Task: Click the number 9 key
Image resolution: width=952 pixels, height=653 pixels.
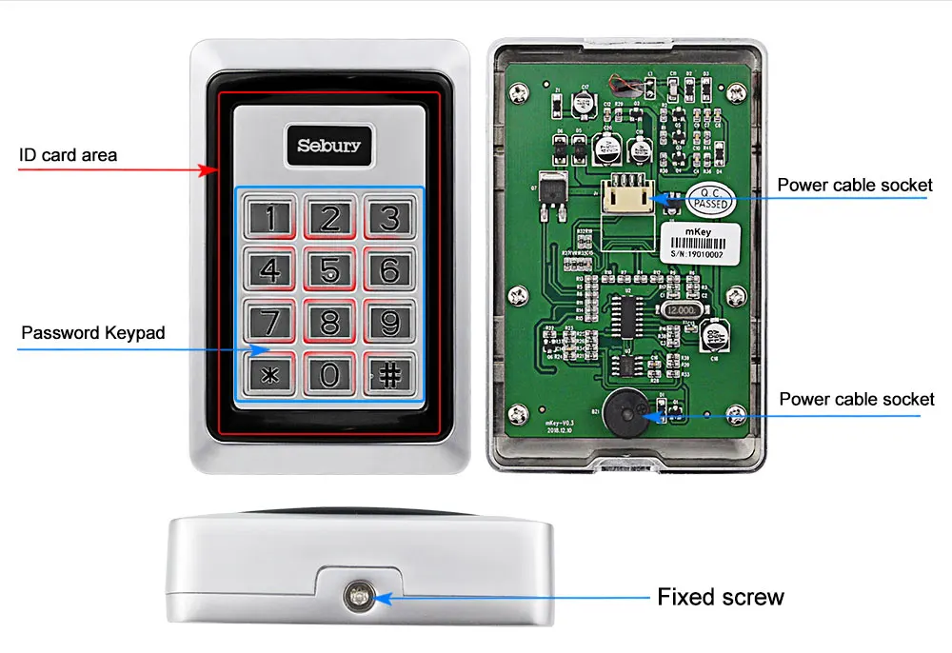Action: tap(389, 323)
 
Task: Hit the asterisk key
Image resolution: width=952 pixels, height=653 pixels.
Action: tap(271, 374)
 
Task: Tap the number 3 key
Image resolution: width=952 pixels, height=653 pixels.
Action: tap(389, 218)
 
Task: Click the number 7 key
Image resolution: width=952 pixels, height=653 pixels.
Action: tap(271, 323)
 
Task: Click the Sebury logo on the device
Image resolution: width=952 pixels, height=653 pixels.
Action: tap(329, 146)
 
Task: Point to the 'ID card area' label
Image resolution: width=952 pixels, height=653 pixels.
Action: tap(69, 154)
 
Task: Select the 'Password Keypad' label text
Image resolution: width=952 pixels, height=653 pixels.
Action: tap(93, 333)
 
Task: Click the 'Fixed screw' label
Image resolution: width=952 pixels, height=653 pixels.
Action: tap(721, 597)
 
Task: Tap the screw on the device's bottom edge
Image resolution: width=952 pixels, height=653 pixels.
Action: tap(361, 597)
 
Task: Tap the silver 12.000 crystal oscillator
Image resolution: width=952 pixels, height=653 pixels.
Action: tap(681, 309)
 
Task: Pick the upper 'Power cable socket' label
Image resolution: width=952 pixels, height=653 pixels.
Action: tap(854, 185)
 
